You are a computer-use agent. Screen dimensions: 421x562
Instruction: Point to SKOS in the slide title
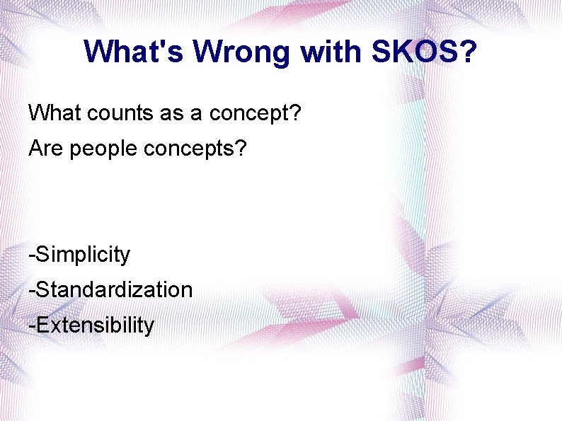411,52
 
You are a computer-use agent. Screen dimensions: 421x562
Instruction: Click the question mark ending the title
468,52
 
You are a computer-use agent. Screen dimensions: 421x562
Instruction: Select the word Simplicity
83,255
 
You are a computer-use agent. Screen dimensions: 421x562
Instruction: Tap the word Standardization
114,289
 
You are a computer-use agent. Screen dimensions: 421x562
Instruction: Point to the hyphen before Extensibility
31,326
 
